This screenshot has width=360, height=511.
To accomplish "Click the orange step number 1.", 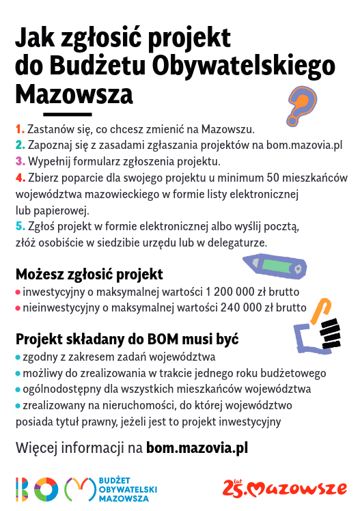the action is point(20,128).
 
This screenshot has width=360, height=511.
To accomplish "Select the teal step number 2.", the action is point(20,145).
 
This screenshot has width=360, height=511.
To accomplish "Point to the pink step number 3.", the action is point(20,162).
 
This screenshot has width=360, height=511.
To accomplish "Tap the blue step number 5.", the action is point(20,226).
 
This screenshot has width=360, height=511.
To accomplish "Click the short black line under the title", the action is point(67,114).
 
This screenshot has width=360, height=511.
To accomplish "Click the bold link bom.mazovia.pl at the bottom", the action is point(197,448).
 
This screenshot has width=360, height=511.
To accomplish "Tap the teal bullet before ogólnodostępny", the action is point(18,390).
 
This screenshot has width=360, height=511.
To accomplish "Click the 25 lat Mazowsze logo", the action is point(284,488).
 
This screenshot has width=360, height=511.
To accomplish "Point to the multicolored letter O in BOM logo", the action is point(46,489).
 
